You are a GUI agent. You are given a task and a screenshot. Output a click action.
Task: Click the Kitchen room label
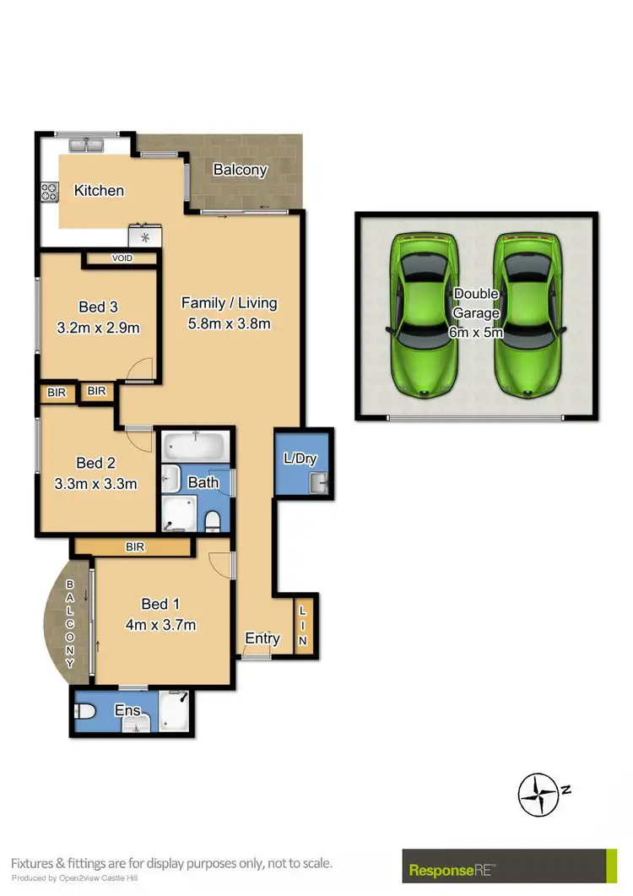point(99,191)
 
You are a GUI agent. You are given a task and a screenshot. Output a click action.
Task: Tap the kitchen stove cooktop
point(47,193)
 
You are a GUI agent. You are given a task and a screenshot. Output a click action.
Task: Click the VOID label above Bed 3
point(122,258)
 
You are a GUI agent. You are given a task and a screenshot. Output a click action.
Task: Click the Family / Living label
point(230,303)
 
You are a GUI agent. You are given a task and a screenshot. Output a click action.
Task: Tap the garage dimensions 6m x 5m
point(478,333)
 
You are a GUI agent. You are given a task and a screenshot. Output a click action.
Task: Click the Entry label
point(262,638)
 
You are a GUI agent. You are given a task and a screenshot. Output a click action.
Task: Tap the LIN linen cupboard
point(303,624)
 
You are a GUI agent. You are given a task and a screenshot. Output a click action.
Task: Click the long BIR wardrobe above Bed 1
point(134,546)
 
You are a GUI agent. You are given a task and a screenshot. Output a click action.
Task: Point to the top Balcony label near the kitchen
point(240,170)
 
